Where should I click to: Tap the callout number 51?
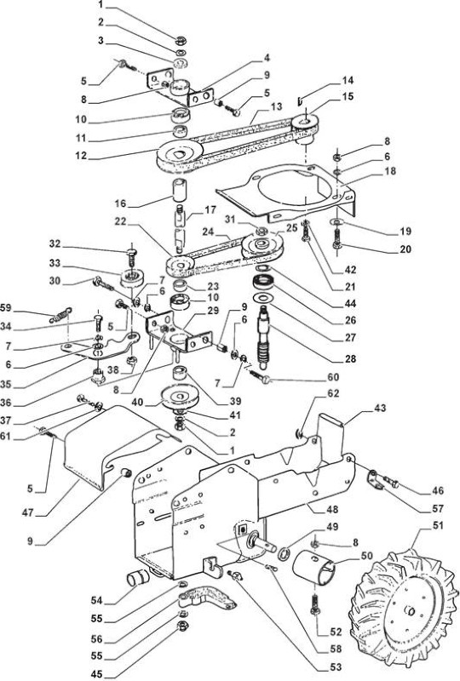438,525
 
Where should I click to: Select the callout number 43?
380,409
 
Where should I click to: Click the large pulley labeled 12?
178,157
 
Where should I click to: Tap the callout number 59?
6,308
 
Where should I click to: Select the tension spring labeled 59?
60,315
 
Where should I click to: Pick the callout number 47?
28,513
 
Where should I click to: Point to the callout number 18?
390,171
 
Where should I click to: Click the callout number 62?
333,393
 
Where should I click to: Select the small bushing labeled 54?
137,579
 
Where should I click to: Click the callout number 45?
97,674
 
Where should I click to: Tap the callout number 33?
55,264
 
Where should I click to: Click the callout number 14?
348,80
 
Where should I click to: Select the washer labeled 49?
285,554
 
